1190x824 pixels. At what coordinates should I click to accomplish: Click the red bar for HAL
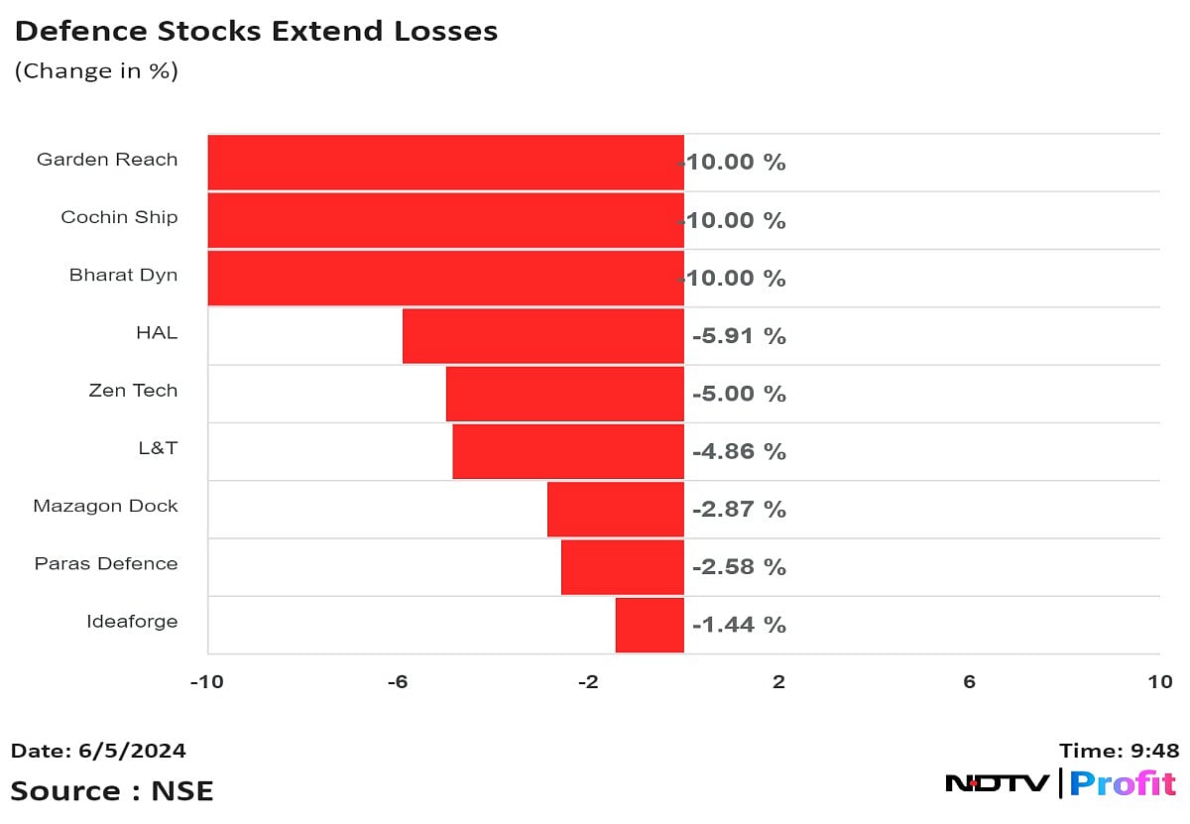tap(543, 335)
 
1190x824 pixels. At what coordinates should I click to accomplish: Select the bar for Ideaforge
tap(650, 625)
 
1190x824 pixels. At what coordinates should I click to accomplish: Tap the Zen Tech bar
tap(565, 394)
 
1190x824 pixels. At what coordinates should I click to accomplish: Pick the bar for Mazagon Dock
tap(616, 509)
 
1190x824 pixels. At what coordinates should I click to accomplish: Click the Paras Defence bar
tap(623, 567)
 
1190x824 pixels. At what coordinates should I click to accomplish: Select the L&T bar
tap(568, 451)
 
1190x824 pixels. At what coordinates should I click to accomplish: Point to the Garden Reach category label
tap(107, 160)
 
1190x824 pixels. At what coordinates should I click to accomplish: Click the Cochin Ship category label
tap(119, 217)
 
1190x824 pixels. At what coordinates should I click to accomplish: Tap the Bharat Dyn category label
tap(123, 275)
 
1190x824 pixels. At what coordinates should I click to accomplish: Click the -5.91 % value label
tap(739, 336)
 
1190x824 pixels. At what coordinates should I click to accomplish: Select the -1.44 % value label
tap(739, 625)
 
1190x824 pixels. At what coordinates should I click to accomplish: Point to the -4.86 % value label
tap(739, 452)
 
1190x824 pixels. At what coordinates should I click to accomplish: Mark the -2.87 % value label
tap(739, 510)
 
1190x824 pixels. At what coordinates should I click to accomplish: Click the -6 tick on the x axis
tap(397, 682)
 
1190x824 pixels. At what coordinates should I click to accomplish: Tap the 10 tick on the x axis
tap(1159, 682)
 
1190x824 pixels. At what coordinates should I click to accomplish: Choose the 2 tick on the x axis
tap(778, 682)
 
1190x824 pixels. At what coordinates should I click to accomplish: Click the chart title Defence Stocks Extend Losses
tap(256, 32)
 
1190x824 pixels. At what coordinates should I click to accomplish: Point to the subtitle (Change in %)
tap(96, 71)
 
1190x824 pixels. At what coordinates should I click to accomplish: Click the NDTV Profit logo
tap(1060, 782)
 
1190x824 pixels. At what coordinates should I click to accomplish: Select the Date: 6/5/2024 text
tap(98, 751)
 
